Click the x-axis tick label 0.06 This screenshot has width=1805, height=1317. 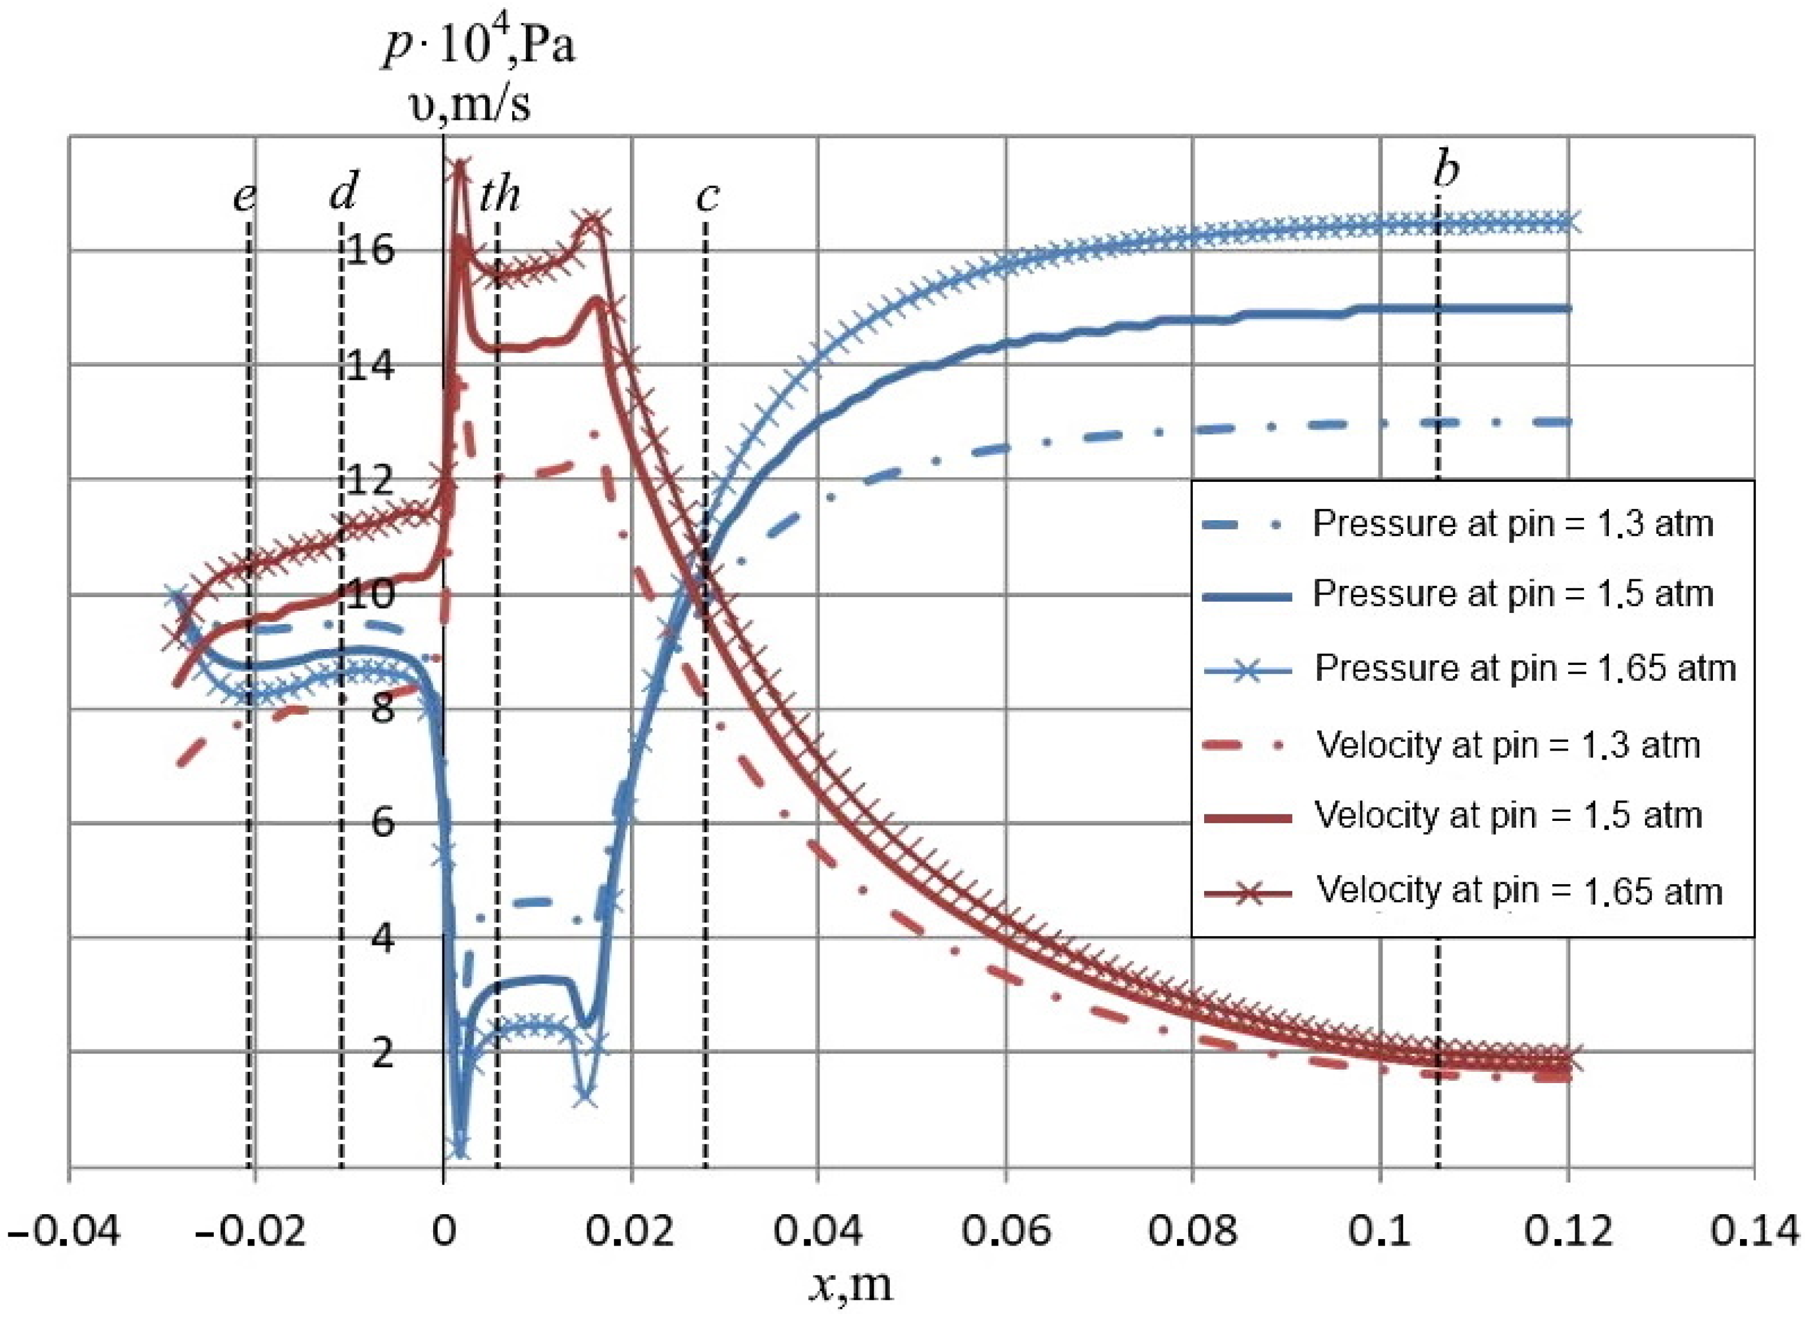[1005, 1232]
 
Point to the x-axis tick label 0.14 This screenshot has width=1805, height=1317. [1755, 1232]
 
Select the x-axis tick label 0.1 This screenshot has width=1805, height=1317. [1379, 1232]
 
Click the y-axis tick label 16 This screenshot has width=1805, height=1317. [372, 251]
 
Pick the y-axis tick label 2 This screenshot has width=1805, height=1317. [383, 1053]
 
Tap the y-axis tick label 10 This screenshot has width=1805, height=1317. [372, 595]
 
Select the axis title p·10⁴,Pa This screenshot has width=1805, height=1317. [479, 46]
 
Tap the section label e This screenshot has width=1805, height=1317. [244, 196]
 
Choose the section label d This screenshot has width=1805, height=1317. [344, 191]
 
